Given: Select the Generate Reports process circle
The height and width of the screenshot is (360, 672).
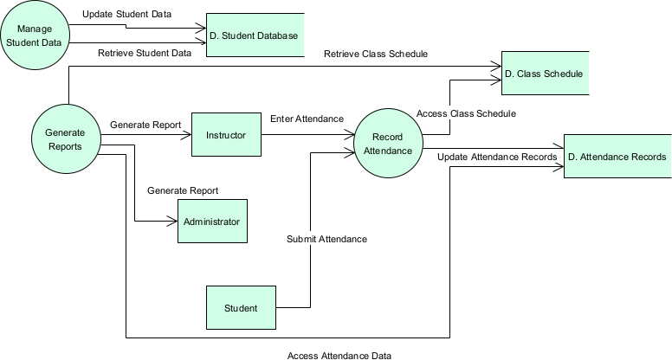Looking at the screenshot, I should [65, 139].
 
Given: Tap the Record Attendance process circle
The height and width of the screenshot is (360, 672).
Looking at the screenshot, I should [388, 144].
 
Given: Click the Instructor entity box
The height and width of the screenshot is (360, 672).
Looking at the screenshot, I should [226, 135].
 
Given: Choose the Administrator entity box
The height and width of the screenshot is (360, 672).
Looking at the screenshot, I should [212, 222].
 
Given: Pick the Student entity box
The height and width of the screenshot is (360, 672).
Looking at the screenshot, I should [241, 308].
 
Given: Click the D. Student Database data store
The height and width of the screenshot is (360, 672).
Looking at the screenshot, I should [255, 35].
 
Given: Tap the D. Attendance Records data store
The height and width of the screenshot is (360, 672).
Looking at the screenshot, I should [617, 157].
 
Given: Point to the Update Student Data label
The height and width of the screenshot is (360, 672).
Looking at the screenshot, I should [132, 15].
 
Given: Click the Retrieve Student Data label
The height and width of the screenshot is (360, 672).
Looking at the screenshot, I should [144, 53].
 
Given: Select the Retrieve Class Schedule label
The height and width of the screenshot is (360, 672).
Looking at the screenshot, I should [376, 54].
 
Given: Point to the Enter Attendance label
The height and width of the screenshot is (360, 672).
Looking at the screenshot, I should [307, 119].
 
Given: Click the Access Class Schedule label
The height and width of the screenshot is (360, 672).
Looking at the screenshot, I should [466, 113].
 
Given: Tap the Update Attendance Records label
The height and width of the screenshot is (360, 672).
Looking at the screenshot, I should [497, 157].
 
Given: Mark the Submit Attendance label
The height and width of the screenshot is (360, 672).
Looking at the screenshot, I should [326, 239].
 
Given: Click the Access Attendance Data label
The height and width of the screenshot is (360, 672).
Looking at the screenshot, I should [339, 355].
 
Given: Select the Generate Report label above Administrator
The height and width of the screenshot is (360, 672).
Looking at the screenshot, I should [183, 190].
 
